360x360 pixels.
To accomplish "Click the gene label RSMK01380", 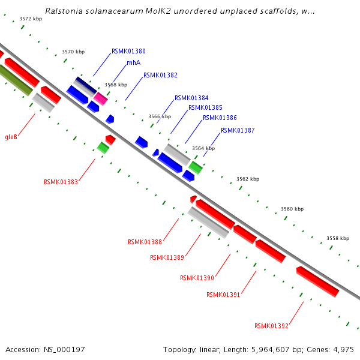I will pos(128,52).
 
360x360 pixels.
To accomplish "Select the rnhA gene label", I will pos(133,62).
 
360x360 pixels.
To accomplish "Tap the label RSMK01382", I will pos(160,76).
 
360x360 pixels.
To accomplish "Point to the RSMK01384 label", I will pos(191,98).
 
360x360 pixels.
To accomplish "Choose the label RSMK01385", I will pos(205,108).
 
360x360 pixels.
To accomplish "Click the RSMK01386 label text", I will pos(220,118).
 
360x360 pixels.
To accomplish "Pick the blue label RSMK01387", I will pos(238,130).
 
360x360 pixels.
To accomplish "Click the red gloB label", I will pos(11,137).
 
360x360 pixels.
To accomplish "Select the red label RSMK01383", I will pos(61,182).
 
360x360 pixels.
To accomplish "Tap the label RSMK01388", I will pos(145,242).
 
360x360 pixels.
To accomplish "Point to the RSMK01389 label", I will pos(167,258).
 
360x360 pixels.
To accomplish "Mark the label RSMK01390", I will pos(197,278).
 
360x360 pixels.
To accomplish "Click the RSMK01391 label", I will pos(223,295).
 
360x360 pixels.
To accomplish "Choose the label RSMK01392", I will pos(271,326).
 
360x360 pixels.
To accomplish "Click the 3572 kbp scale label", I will pos(31,19).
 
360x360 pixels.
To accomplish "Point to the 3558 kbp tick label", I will pos(338,238).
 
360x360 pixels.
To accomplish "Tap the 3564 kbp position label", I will pos(203,148).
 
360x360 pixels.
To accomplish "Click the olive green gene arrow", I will pos(14,80).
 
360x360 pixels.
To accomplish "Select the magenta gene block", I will pos(100,98).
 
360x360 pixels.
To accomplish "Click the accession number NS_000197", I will pos(45,349).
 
